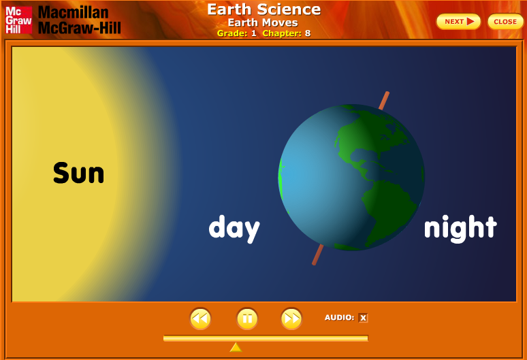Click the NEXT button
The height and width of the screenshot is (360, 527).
pos(458,22)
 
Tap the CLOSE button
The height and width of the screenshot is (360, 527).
pos(505,22)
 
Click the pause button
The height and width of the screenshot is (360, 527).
pos(247,318)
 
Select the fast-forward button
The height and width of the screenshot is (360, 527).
pos(291,318)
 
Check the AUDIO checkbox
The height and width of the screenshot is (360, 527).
pos(363,318)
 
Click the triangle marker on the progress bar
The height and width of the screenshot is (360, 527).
pos(236,347)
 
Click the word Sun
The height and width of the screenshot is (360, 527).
pos(78,173)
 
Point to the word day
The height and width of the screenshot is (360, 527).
pos(234,228)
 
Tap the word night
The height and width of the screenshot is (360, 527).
pos(460,227)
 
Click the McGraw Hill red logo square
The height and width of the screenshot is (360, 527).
pos(18,20)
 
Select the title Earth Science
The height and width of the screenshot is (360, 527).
pos(263,9)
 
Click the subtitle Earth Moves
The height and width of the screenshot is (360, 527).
pos(263,22)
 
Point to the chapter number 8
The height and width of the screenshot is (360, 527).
pos(308,33)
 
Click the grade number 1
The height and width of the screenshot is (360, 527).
pos(254,33)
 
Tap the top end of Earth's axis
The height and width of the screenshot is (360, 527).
pos(386,95)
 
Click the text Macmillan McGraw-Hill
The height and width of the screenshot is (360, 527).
pos(79,20)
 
